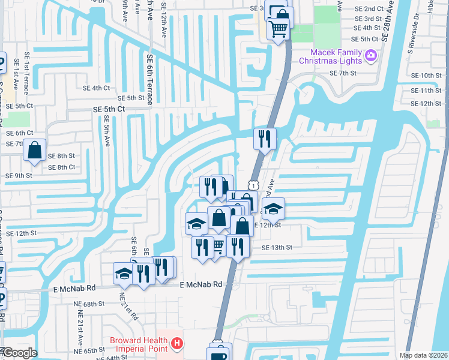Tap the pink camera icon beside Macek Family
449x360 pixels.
371,56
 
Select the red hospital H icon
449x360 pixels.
177,344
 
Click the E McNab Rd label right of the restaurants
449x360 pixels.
201,284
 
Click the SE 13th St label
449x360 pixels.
277,247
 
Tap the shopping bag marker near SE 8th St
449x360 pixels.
35,150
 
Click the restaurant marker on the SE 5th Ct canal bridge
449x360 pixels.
265,139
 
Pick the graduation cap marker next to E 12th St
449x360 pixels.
273,209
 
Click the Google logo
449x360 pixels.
19,353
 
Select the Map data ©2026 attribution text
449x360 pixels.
423,355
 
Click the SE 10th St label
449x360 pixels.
427,75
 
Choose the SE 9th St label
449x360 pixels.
19,175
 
